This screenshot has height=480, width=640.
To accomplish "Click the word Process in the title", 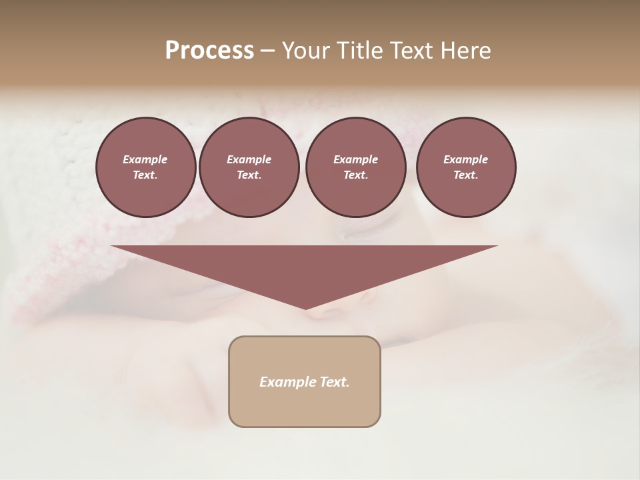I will point(209,51).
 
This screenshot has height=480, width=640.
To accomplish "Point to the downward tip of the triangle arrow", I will point(306,307).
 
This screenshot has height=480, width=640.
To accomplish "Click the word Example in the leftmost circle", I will point(145,159).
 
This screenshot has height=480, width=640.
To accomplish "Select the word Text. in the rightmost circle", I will point(466,175).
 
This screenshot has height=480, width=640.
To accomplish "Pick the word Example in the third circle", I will point(355,159).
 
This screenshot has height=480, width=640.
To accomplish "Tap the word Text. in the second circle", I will point(249,175).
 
